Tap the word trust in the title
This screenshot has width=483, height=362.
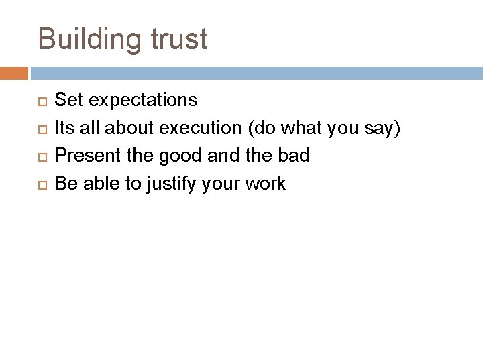point(179,40)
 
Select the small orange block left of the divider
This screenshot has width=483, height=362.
point(13,72)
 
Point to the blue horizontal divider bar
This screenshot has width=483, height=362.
point(255,72)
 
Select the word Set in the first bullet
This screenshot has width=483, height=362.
point(69,101)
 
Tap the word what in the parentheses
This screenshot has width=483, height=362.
point(315,129)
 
